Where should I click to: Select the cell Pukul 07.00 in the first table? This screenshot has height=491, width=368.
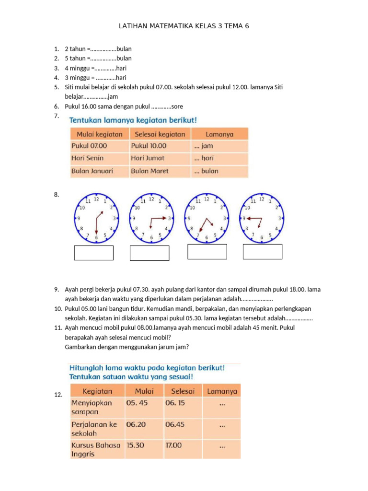click(90, 146)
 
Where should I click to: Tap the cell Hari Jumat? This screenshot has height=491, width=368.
click(148, 158)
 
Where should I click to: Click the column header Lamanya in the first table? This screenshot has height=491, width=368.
click(219, 134)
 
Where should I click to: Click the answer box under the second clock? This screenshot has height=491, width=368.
click(149, 253)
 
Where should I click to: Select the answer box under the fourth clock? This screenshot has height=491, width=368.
click(263, 252)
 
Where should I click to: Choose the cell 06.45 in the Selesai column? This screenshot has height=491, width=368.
click(175, 424)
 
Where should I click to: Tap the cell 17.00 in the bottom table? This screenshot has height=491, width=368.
click(173, 445)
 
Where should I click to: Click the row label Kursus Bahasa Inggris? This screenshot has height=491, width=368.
click(96, 449)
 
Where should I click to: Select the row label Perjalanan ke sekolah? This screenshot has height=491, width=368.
click(94, 429)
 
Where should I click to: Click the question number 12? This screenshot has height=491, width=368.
click(59, 395)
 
